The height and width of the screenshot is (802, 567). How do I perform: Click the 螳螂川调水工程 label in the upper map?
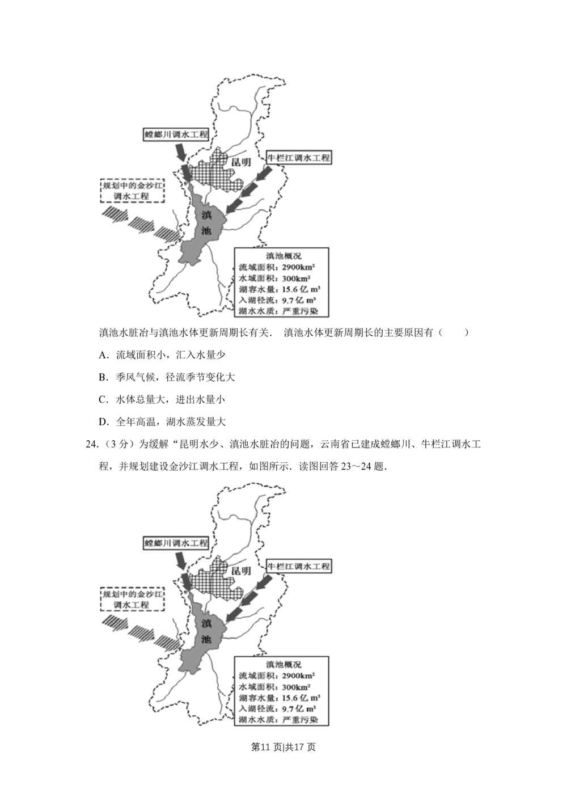click(x=176, y=134)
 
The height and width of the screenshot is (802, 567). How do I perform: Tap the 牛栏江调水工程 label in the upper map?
click(x=298, y=158)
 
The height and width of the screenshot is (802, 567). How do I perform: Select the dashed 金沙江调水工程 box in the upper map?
click(x=132, y=191)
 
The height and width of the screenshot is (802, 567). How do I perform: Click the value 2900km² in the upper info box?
click(x=298, y=267)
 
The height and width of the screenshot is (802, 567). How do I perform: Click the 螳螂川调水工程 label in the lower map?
click(x=176, y=543)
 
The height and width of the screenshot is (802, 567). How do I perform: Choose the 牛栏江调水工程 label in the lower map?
click(x=298, y=566)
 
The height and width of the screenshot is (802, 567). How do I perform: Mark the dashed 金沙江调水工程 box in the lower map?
click(x=132, y=600)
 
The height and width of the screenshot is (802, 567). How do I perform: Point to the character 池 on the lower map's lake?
click(x=206, y=640)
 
